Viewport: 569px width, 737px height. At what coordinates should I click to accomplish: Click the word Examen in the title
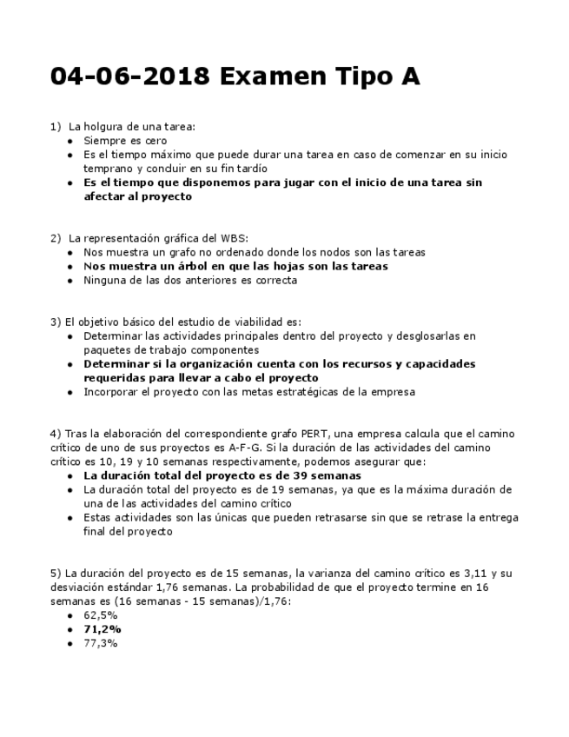[x=270, y=77]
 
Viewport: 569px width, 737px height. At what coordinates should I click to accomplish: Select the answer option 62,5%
[x=100, y=614]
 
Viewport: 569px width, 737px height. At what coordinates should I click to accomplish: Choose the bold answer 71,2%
[x=102, y=628]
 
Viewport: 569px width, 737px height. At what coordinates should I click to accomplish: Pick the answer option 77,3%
[x=100, y=643]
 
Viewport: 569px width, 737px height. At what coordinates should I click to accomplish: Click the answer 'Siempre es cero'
[x=125, y=140]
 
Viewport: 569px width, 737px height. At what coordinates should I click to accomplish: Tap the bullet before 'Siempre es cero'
[x=70, y=140]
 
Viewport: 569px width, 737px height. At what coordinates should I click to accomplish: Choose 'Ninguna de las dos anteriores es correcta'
[x=190, y=280]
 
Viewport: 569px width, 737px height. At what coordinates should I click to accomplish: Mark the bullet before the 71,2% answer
[x=70, y=628]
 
